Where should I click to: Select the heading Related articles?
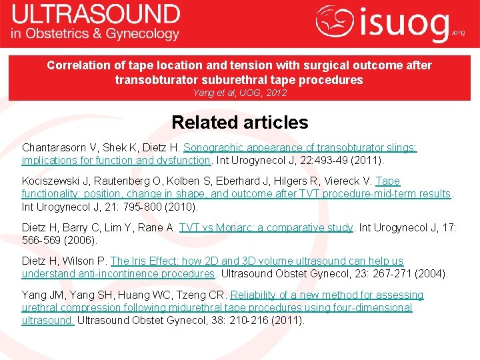[239, 123]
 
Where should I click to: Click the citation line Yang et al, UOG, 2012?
[239, 93]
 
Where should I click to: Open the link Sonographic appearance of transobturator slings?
[300, 147]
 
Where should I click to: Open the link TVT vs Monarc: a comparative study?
[265, 227]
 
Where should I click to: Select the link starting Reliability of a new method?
[327, 295]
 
